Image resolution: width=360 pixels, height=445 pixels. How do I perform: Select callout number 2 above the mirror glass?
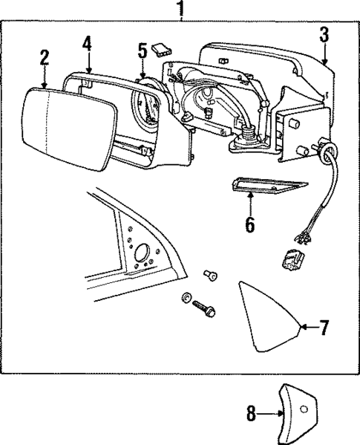[45, 57]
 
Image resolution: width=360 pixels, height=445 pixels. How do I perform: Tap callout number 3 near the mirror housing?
[324, 33]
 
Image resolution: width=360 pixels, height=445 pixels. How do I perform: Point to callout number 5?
[143, 51]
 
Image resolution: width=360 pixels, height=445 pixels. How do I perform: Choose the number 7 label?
[324, 327]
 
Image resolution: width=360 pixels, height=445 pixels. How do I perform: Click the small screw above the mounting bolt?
[211, 277]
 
